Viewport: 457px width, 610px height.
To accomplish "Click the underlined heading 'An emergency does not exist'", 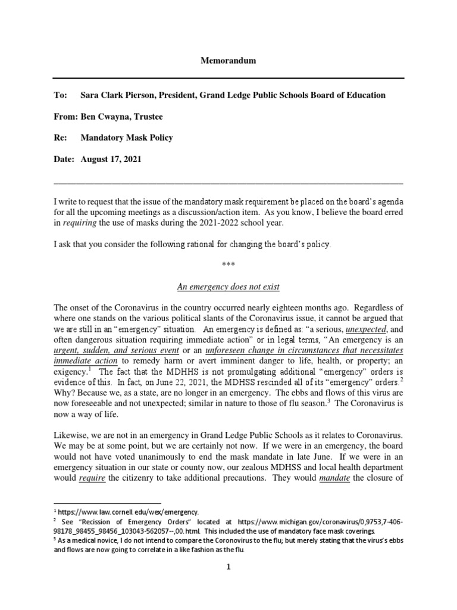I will click(x=228, y=287).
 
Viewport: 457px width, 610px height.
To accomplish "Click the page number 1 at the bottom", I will click(x=228, y=568).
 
